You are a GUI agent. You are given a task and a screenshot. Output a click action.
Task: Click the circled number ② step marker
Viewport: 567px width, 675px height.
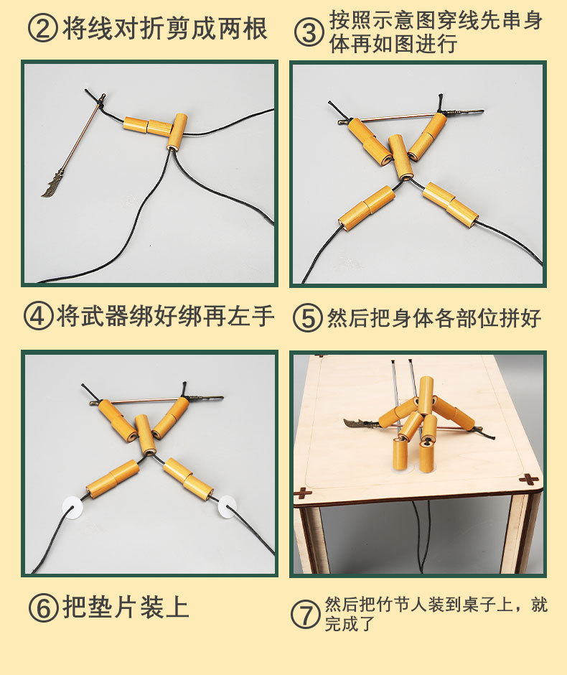pos(42,29)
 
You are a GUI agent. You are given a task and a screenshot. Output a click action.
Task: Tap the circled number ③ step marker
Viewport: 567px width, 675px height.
pos(309,34)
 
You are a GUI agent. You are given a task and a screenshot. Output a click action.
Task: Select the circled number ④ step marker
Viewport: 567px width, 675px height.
pos(38,317)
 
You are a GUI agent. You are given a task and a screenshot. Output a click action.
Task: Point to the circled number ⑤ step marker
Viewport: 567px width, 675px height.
pos(307,319)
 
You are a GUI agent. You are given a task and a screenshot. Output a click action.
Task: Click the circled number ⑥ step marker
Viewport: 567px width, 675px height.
pos(43,607)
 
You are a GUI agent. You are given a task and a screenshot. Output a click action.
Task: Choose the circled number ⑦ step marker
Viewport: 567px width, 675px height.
pos(305,614)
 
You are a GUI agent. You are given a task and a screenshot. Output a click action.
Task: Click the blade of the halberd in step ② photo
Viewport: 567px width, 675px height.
pos(52,185)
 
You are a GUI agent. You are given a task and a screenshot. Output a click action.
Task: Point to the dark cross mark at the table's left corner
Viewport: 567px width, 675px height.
pos(303,494)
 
